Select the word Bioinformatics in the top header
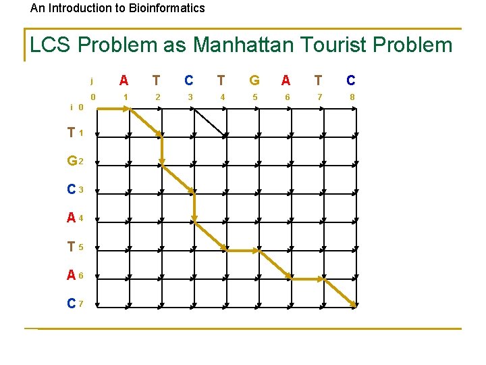tap(163, 8)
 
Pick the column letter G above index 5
tap(254, 80)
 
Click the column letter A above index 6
tap(286, 80)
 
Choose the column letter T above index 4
tap(221, 80)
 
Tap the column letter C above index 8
tap(351, 80)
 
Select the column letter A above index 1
tap(124, 80)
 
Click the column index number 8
tap(352, 97)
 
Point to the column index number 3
tap(190, 97)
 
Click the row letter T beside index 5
tap(71, 247)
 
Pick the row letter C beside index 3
tap(71, 191)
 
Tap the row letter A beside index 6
tap(71, 276)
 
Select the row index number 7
tap(81, 304)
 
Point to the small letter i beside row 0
tap(72, 107)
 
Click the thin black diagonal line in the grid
tap(210, 122)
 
